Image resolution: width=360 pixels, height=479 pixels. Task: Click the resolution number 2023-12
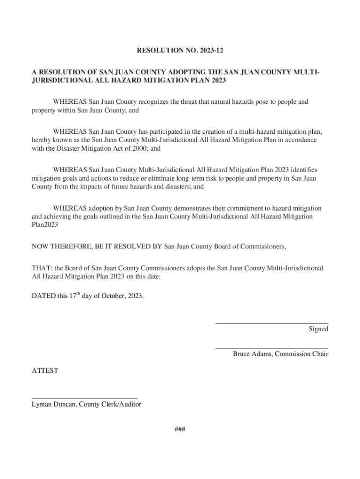pyautogui.click(x=216, y=49)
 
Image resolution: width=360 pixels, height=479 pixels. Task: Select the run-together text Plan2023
pyautogui.click(x=45, y=225)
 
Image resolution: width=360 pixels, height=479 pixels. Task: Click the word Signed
pyautogui.click(x=318, y=329)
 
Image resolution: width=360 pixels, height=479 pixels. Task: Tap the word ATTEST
pyautogui.click(x=44, y=371)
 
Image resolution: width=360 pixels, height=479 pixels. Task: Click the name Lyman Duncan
pyautogui.click(x=53, y=405)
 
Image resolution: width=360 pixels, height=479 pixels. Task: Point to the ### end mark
pyautogui.click(x=180, y=430)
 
